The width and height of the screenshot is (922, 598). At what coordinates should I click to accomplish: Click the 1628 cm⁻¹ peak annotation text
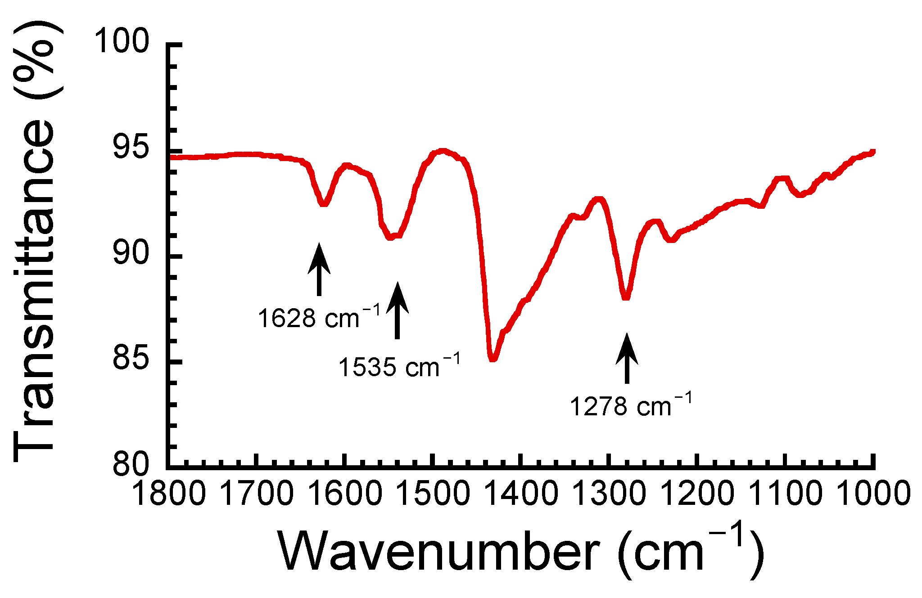[x=319, y=318]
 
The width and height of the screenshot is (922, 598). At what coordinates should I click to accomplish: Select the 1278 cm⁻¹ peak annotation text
[x=631, y=406]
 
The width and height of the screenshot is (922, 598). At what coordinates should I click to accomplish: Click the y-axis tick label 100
[x=121, y=41]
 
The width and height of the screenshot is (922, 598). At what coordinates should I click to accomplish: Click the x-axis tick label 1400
[x=521, y=494]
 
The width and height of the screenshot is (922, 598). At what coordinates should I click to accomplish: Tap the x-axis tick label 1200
[x=697, y=494]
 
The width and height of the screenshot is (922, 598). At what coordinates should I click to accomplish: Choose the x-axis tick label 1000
[x=873, y=494]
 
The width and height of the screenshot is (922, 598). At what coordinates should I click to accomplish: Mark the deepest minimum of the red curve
[x=493, y=359]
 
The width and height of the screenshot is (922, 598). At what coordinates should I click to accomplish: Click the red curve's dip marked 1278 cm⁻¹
[x=625, y=297]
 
